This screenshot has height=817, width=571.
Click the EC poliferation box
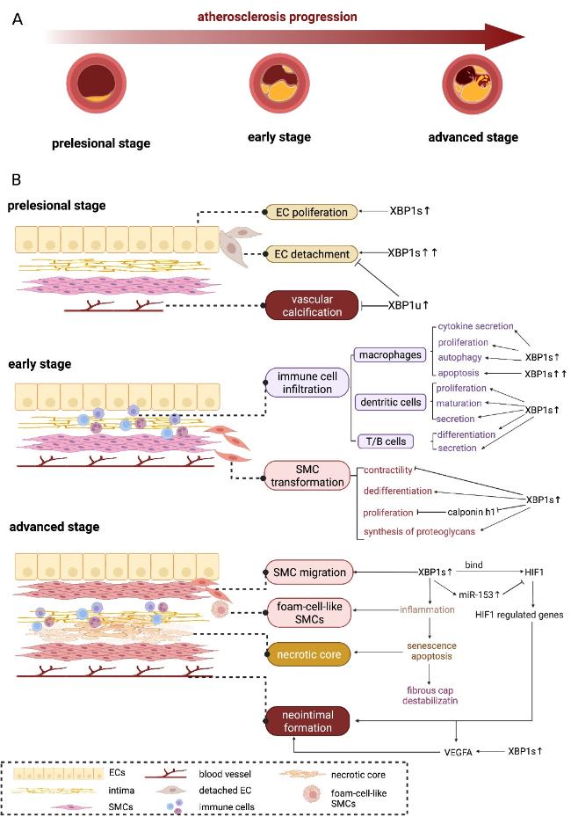tap(312, 212)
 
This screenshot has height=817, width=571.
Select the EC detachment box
tap(312, 254)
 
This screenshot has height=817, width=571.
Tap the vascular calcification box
tap(312, 305)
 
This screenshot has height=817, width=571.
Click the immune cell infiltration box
tap(307, 383)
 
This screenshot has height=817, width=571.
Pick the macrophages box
tap(390, 354)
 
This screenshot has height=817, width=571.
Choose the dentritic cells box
tap(390, 402)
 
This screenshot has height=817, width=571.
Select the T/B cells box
tap(386, 441)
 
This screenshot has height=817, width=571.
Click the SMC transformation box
tap(307, 476)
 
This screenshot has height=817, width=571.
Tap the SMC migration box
tap(309, 573)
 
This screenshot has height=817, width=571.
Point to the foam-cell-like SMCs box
tap(308, 613)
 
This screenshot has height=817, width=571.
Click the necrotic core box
tap(308, 654)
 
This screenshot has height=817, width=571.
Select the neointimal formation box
tap(307, 721)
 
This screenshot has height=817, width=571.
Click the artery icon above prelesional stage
tap(97, 84)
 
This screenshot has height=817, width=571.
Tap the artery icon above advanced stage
tap(473, 84)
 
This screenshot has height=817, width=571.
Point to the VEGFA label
tap(458, 753)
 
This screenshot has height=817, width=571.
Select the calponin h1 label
tap(471, 512)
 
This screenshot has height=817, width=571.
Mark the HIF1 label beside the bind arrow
tap(534, 573)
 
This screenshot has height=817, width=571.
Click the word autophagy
tap(459, 357)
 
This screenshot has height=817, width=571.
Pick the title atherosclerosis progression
tap(277, 17)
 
